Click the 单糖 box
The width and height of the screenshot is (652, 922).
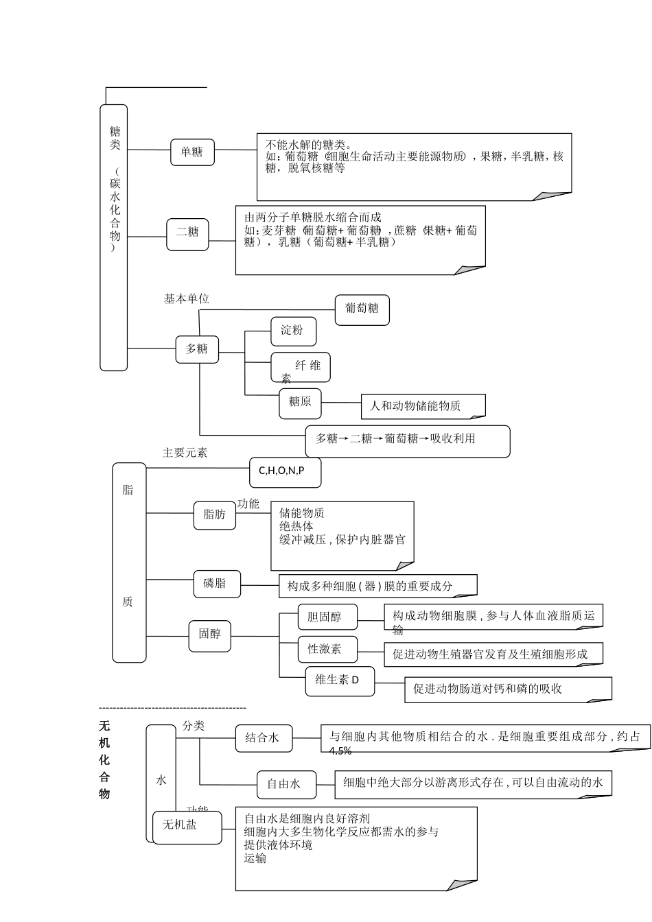pyautogui.click(x=192, y=152)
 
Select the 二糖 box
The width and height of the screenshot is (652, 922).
pyautogui.click(x=187, y=234)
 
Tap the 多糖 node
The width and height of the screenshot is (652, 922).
pyautogui.click(x=197, y=349)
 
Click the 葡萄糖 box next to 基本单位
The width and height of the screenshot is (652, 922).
pyautogui.click(x=362, y=310)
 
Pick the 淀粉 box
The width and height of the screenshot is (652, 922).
pyautogui.click(x=293, y=331)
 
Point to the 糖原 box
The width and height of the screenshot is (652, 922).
pyautogui.click(x=300, y=403)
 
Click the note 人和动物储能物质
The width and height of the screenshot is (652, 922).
pyautogui.click(x=422, y=406)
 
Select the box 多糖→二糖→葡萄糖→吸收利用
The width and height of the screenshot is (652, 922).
pyautogui.click(x=407, y=440)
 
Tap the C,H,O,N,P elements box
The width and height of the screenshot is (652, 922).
pyautogui.click(x=284, y=472)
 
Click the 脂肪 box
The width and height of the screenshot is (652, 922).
pyautogui.click(x=214, y=515)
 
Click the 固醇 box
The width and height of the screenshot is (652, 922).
pyautogui.click(x=209, y=635)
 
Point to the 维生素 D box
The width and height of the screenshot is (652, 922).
pyautogui.click(x=340, y=681)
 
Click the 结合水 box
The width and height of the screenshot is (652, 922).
pyautogui.click(x=263, y=739)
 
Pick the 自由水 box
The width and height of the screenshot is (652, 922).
pyautogui.click(x=286, y=785)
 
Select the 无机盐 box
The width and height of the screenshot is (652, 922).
pyautogui.click(x=187, y=827)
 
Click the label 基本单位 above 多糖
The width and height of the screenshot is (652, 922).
pyautogui.click(x=186, y=299)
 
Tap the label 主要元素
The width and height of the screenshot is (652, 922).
pyautogui.click(x=185, y=453)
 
